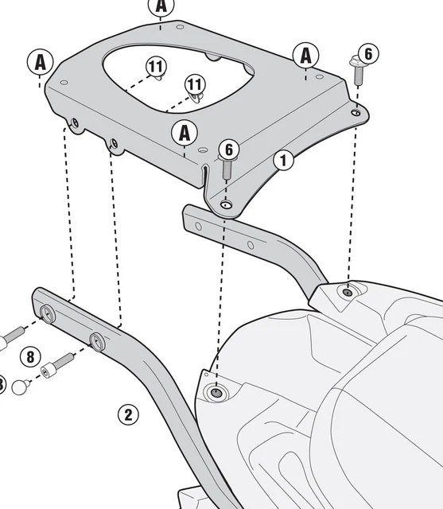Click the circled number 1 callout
tap(284, 160)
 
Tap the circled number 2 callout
tap(129, 414)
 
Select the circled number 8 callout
tap(30, 356)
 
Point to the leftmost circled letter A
tap(40, 61)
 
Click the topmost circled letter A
tap(161, 6)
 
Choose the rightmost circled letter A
tap(305, 56)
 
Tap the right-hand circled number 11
tap(195, 84)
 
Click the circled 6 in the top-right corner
tap(367, 54)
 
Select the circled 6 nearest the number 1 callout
tap(228, 150)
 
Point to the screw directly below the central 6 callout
tap(227, 168)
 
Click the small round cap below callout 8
tap(22, 387)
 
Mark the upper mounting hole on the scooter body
tap(347, 291)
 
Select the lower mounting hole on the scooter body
tap(216, 392)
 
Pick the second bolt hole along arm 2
tap(97, 341)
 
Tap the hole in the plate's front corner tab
tap(227, 204)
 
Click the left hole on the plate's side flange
tap(74, 123)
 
